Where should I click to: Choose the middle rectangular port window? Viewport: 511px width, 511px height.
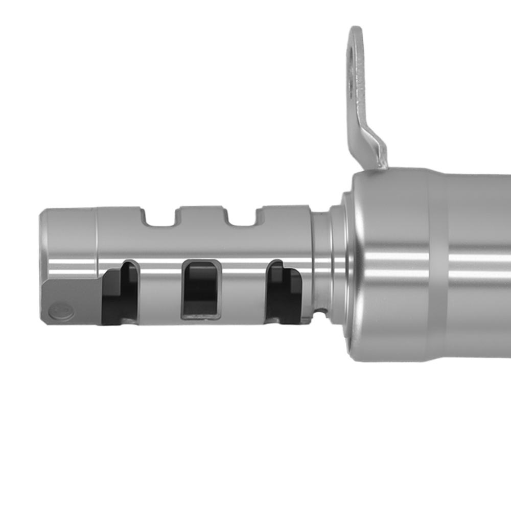pos(201,289)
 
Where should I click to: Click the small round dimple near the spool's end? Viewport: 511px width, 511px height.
pos(60,311)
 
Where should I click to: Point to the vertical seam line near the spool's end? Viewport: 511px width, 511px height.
pos(97,240)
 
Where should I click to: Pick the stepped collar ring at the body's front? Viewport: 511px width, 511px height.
pos(340,261)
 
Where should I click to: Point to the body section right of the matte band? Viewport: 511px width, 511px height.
pos(480,266)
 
